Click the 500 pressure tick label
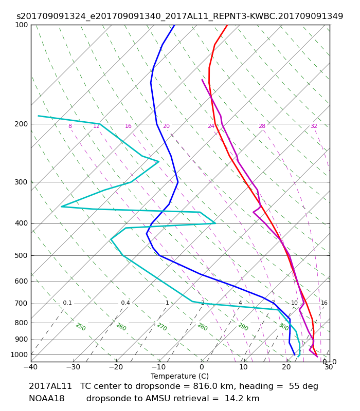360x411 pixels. pyautogui.click(x=21, y=255)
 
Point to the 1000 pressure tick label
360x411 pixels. pyautogui.click(x=19, y=354)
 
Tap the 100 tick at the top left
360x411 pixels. pyautogui.click(x=21, y=25)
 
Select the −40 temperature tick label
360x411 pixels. pyautogui.click(x=31, y=367)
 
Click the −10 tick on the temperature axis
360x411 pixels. pyautogui.click(x=159, y=367)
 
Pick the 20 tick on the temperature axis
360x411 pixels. pyautogui.click(x=286, y=367)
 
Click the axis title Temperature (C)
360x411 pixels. pyautogui.click(x=179, y=376)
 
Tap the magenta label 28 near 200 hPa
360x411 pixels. pyautogui.click(x=262, y=126)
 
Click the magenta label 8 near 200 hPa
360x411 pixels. pyautogui.click(x=70, y=126)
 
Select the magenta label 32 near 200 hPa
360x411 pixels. pyautogui.click(x=314, y=126)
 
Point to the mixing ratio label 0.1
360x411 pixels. pyautogui.click(x=67, y=303)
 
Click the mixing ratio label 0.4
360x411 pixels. pyautogui.click(x=125, y=303)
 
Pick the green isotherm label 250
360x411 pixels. pyautogui.click(x=81, y=327)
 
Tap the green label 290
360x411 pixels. pyautogui.click(x=243, y=327)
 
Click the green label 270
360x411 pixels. pyautogui.click(x=162, y=327)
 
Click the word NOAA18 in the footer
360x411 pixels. pyautogui.click(x=47, y=399)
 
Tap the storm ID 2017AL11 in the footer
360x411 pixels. pyautogui.click(x=50, y=386)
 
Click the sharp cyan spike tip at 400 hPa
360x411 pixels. pyautogui.click(x=215, y=223)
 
